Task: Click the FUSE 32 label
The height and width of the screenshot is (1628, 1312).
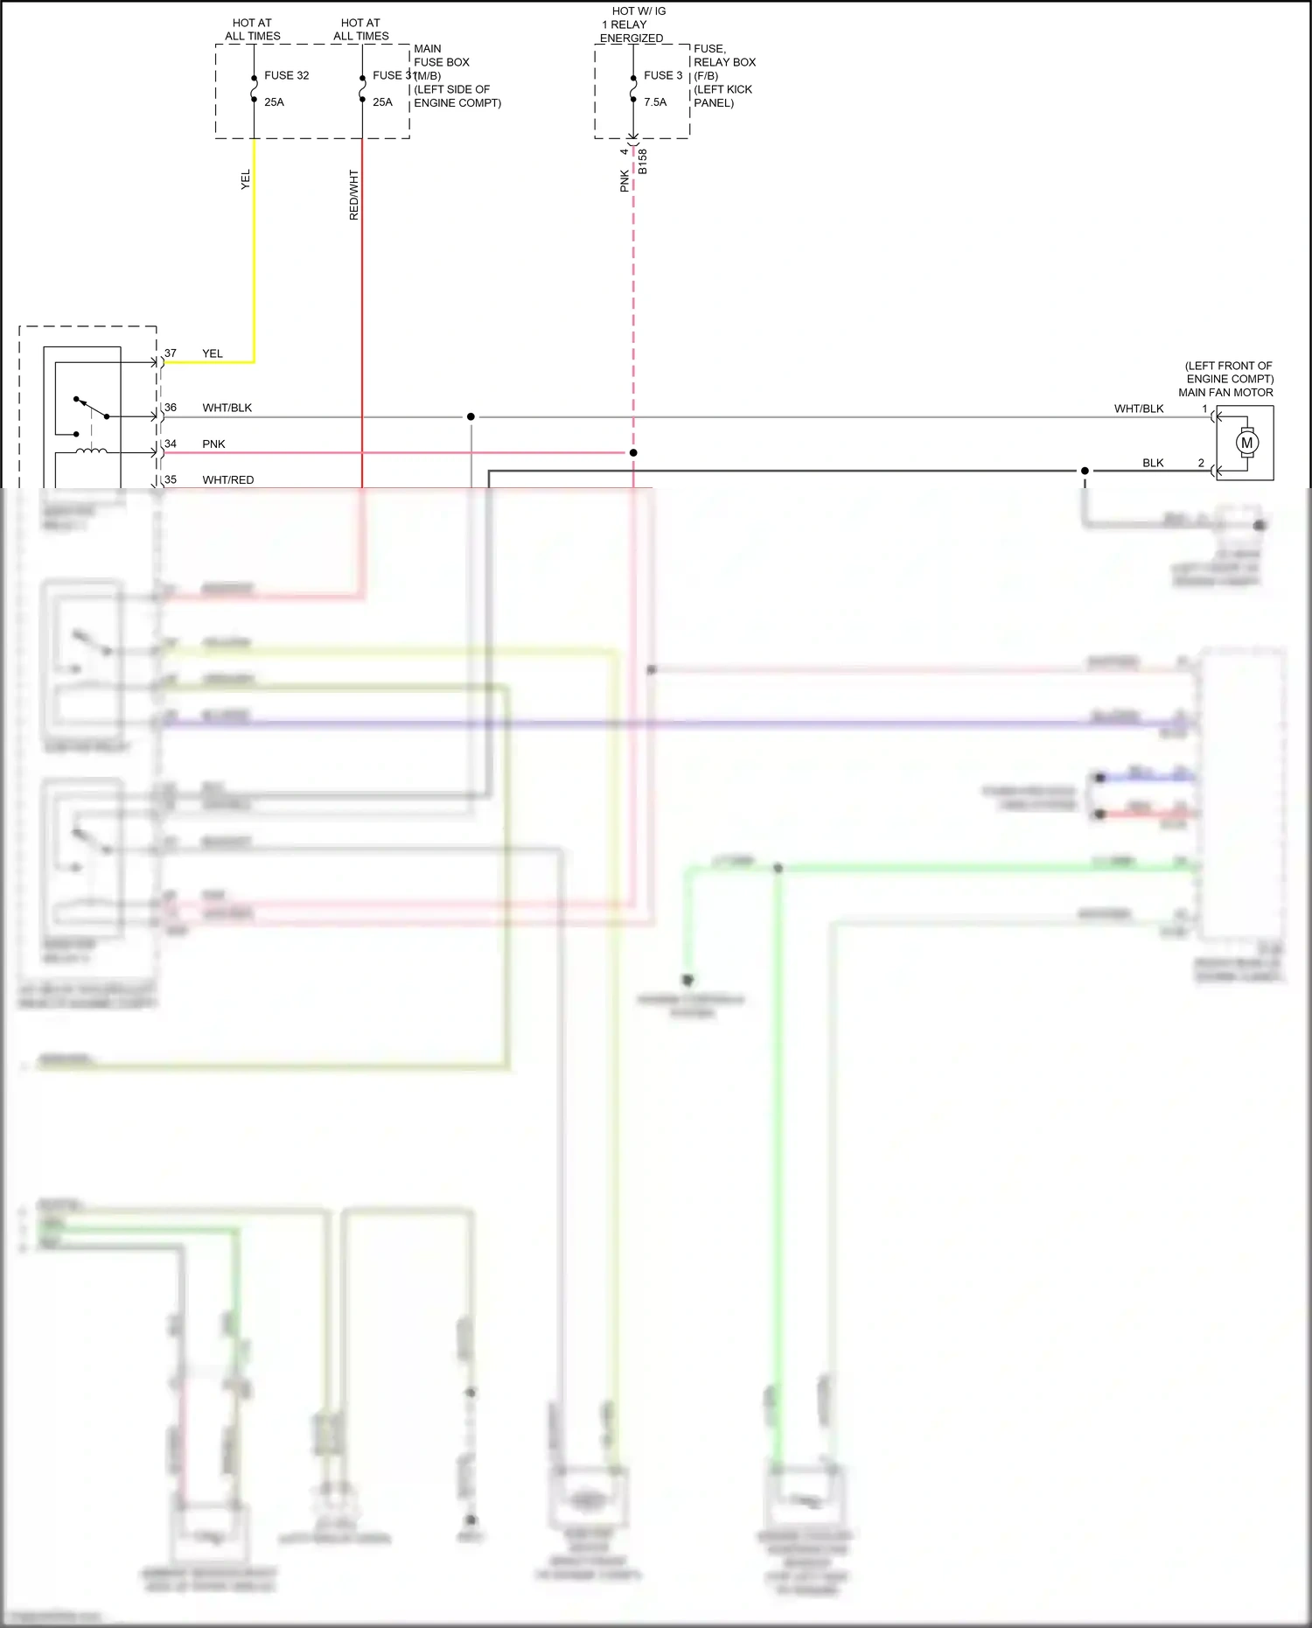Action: coord(286,75)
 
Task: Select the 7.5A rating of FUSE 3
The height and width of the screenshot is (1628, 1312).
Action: coord(655,102)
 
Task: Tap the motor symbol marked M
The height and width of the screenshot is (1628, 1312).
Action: coord(1246,443)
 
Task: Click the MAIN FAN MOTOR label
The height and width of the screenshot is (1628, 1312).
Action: coord(1225,393)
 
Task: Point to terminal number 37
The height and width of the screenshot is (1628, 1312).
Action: coord(171,353)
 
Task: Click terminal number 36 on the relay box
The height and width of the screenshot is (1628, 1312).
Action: coord(171,408)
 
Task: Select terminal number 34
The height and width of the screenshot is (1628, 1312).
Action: coord(171,444)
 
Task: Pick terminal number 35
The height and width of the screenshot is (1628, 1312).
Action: coord(171,479)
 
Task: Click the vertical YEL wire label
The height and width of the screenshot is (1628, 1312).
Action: coord(246,179)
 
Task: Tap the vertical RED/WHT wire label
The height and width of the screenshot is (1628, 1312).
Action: coord(354,194)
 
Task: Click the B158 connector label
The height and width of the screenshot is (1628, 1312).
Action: coord(643,161)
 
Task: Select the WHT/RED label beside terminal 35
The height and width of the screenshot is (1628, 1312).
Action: coord(228,480)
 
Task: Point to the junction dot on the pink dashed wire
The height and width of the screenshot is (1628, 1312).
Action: coord(633,452)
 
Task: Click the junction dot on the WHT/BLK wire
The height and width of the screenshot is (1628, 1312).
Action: coord(471,416)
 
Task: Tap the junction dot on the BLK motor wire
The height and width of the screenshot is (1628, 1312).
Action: coord(1085,471)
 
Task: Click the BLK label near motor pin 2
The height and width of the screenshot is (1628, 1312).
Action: coord(1153,463)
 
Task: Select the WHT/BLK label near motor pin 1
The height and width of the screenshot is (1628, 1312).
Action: coord(1139,409)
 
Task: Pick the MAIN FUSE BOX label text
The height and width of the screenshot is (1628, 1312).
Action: coord(441,55)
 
